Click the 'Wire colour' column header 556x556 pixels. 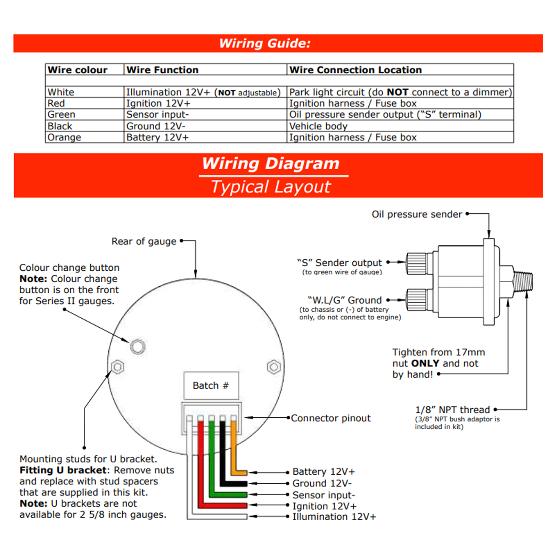point(77,70)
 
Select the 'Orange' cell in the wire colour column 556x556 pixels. point(64,137)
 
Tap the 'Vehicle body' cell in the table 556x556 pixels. point(318,126)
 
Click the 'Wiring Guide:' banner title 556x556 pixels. point(265,43)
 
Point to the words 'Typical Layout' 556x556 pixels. point(271,187)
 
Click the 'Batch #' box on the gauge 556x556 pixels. point(211,385)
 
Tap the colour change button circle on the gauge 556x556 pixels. point(138,346)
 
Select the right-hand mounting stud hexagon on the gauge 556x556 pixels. point(274,367)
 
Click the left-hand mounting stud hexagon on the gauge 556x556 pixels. point(117,367)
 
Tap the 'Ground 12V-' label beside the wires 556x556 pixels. point(322,483)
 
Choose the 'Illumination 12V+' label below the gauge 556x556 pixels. point(334,517)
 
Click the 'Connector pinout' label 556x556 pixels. point(330,418)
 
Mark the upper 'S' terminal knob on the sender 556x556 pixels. point(416,263)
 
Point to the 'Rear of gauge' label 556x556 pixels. point(144,241)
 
